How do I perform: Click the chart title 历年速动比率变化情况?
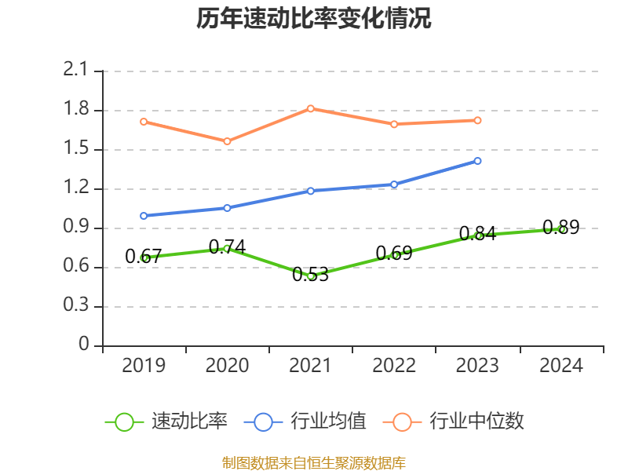pos(314,19)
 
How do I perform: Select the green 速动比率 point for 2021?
pos(311,276)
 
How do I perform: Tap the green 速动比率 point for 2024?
pos(561,229)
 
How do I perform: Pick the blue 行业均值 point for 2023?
pos(477,161)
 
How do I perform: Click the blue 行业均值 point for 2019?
pos(144,215)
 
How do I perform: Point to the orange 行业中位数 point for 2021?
pos(311,108)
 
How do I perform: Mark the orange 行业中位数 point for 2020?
pos(227,141)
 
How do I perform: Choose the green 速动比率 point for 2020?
pos(227,248)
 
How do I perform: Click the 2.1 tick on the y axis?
pos(76,71)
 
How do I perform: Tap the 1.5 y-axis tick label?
pos(76,149)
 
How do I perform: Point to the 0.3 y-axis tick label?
pos(76,306)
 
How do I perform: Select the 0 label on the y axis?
pos(84,345)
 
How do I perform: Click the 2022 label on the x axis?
pos(394,366)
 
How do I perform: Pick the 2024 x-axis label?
pos(561,366)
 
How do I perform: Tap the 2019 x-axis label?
pos(144,366)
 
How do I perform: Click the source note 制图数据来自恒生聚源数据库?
pos(314,462)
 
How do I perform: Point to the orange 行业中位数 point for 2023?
pos(477,120)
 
